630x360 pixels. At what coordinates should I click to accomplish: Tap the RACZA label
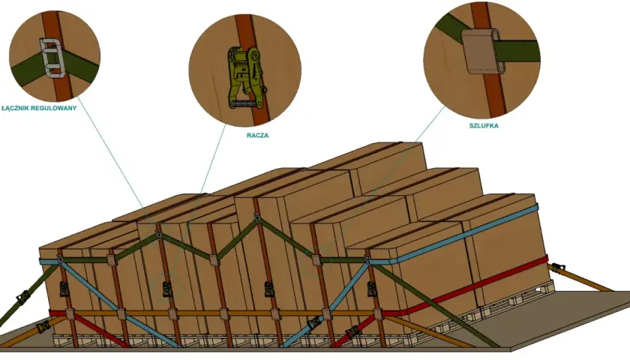257,136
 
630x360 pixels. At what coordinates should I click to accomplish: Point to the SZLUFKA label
484,126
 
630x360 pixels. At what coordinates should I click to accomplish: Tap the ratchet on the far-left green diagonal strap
24,298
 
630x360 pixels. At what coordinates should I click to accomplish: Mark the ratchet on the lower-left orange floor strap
43,325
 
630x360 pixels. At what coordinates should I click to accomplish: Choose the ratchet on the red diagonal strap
352,331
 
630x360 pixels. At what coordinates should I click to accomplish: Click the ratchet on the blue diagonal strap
316,322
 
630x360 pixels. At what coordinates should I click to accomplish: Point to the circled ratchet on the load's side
166,289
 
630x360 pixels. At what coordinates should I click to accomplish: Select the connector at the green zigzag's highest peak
257,219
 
